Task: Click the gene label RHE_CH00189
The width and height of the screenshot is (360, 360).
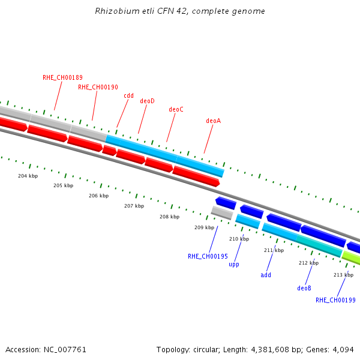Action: (62, 77)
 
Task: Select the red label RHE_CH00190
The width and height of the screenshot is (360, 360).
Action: (98, 87)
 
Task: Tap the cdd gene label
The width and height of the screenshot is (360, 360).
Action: (128, 95)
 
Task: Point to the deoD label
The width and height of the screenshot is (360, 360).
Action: (147, 101)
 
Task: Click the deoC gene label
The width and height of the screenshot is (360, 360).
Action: (176, 110)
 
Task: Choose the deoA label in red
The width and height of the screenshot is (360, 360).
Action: (213, 121)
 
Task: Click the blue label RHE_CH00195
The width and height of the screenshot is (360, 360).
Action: (208, 256)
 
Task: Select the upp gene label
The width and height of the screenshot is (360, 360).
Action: (234, 265)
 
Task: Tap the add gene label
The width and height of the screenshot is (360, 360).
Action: (266, 275)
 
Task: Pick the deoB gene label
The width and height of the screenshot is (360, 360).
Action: (304, 288)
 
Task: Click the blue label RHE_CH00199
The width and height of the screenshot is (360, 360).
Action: (335, 300)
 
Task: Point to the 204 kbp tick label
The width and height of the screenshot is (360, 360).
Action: (28, 176)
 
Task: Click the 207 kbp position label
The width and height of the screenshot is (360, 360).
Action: (134, 206)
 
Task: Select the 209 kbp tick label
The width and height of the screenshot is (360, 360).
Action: (205, 227)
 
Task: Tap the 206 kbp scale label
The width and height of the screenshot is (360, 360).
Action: (99, 196)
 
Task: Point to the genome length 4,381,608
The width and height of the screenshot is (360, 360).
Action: (270, 350)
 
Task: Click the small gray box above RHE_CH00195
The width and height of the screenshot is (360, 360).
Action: (222, 213)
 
